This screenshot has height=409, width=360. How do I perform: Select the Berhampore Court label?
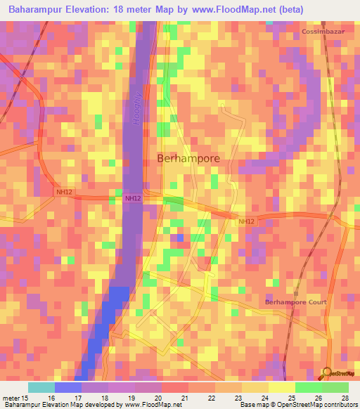[x=296, y=302]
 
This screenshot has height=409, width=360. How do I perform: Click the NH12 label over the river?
[x=131, y=199]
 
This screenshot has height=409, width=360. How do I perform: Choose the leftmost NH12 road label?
[x=64, y=190]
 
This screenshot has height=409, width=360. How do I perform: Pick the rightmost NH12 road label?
[x=245, y=222]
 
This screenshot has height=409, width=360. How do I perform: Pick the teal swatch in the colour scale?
[x=41, y=387]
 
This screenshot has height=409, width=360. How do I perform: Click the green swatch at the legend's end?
[x=335, y=387]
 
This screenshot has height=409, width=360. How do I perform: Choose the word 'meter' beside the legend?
[x=12, y=397]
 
